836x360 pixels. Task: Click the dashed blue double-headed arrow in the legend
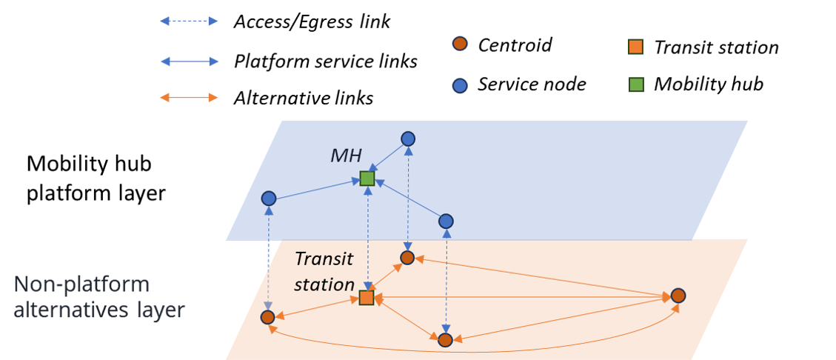[x=189, y=21]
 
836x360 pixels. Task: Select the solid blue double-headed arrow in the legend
[x=189, y=61]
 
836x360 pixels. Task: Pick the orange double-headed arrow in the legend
[x=189, y=98]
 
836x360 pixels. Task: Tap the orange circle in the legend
[x=460, y=44]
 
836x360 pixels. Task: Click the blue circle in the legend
[x=460, y=86]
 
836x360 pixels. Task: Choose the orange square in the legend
[x=635, y=47]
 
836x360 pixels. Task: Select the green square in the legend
[x=635, y=84]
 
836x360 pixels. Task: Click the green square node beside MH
[x=367, y=179]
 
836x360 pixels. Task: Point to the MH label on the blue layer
[x=346, y=156]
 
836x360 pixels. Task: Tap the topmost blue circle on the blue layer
[x=408, y=139]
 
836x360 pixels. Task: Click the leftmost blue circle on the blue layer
[x=269, y=199]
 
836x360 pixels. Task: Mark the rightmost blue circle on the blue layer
[x=446, y=221]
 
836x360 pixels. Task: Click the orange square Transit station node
[x=367, y=298]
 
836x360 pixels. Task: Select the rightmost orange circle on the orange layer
[x=678, y=296]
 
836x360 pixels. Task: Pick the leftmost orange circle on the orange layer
[x=268, y=317]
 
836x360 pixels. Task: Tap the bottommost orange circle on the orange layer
[x=445, y=340]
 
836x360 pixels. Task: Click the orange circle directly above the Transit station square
[x=407, y=258]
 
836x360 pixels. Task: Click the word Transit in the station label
[x=324, y=259]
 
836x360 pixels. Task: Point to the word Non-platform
[x=81, y=284]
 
